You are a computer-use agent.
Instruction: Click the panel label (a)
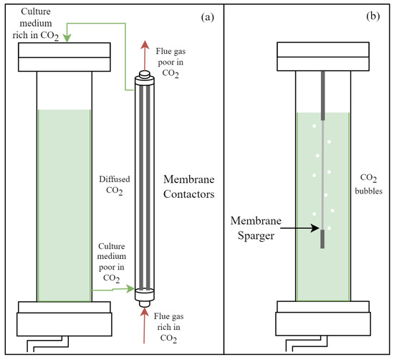207,17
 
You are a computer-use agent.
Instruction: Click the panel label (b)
373,16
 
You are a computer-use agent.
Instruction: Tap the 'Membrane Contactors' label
189,186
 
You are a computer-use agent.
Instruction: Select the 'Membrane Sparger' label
256,228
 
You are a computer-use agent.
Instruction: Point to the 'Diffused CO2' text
115,185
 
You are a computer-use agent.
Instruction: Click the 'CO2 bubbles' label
369,184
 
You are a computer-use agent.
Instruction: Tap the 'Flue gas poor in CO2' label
170,62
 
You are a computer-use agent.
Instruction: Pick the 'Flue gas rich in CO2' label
168,327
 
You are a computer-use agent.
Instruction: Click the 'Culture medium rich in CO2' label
36,24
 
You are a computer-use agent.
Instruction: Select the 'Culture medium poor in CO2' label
112,262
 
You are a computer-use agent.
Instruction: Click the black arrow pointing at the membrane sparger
299,228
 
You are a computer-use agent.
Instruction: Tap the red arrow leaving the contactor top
145,55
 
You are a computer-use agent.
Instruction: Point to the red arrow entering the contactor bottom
144,326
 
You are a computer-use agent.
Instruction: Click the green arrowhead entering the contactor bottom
130,289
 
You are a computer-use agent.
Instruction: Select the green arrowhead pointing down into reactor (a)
67,38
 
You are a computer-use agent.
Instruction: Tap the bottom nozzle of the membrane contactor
145,304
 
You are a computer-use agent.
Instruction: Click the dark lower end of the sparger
322,239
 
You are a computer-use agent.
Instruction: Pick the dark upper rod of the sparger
322,95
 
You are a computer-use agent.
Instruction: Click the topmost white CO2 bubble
314,126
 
